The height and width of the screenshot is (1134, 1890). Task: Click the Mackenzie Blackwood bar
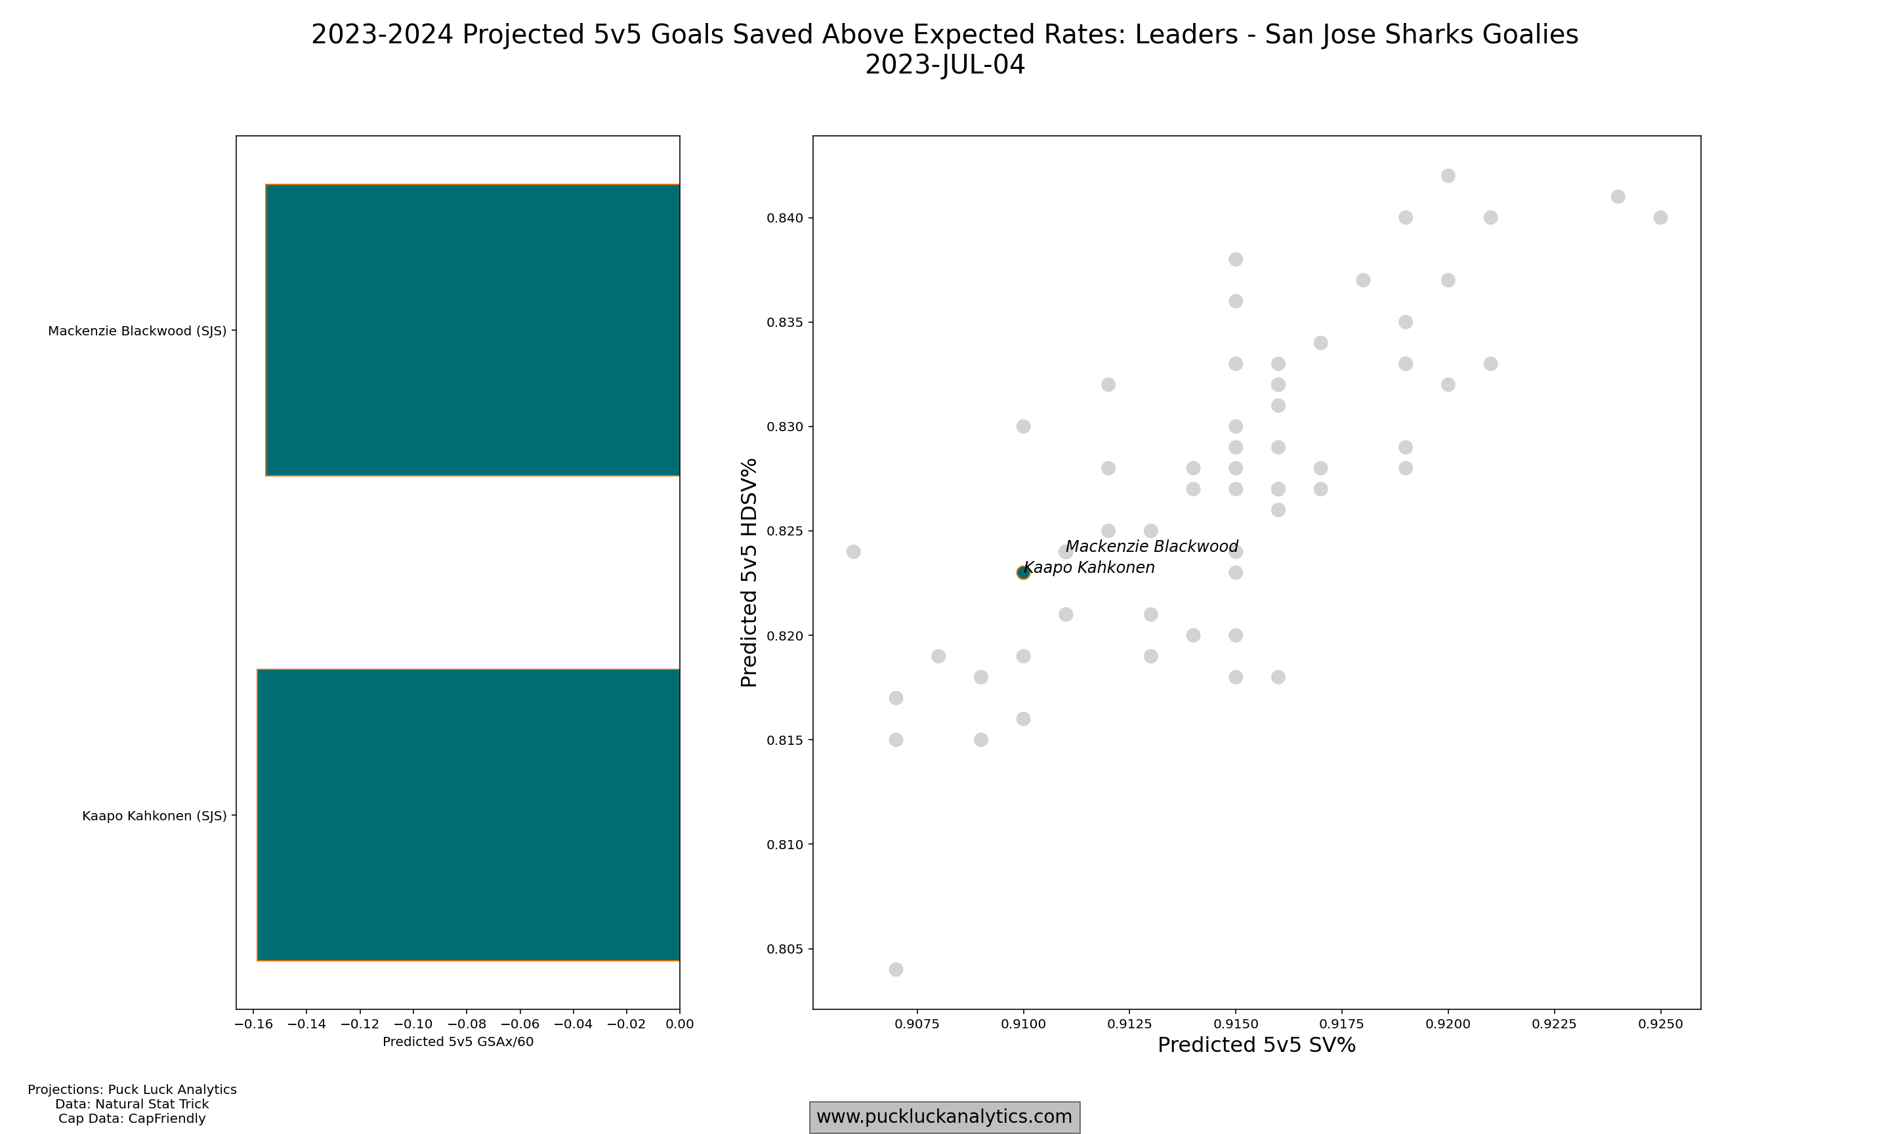[472, 330]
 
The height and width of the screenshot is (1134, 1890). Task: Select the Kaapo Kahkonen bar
[467, 814]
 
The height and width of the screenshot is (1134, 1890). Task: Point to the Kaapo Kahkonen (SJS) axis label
[154, 816]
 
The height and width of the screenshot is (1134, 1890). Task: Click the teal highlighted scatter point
[1023, 573]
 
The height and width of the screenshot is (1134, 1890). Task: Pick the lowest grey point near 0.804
[896, 970]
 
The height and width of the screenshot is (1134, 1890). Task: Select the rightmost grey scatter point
[1660, 218]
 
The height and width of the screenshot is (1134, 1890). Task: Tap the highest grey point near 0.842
[1448, 176]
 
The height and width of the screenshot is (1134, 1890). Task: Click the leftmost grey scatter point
[853, 552]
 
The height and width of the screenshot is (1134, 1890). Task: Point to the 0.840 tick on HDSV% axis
[786, 219]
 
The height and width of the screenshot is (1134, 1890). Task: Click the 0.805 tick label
[786, 949]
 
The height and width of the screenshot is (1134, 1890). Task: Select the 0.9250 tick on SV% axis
[1660, 1024]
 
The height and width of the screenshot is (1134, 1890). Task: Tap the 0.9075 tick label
[917, 1024]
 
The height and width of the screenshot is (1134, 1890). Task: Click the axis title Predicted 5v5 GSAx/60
[457, 1041]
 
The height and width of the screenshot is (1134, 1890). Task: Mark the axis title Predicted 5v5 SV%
[1256, 1045]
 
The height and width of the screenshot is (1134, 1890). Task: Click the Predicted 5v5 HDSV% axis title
[749, 572]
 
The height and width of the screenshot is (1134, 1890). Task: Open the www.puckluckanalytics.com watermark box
[944, 1117]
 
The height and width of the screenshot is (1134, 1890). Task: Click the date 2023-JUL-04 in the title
[944, 65]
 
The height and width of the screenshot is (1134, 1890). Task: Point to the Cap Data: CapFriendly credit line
[131, 1119]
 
